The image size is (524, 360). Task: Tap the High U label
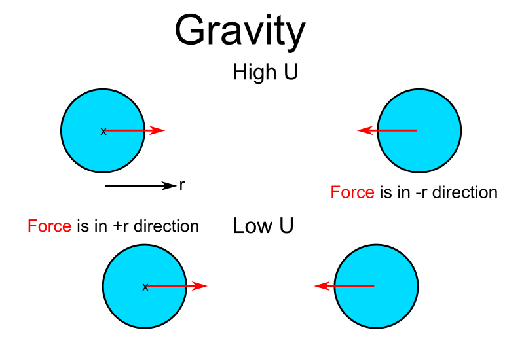(265, 72)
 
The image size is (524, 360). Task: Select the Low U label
(263, 226)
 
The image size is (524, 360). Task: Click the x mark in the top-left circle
(103, 132)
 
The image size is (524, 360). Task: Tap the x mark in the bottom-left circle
(145, 287)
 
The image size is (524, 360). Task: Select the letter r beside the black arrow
(181, 186)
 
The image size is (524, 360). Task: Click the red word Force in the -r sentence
(352, 192)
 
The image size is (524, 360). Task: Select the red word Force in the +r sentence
(49, 226)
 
